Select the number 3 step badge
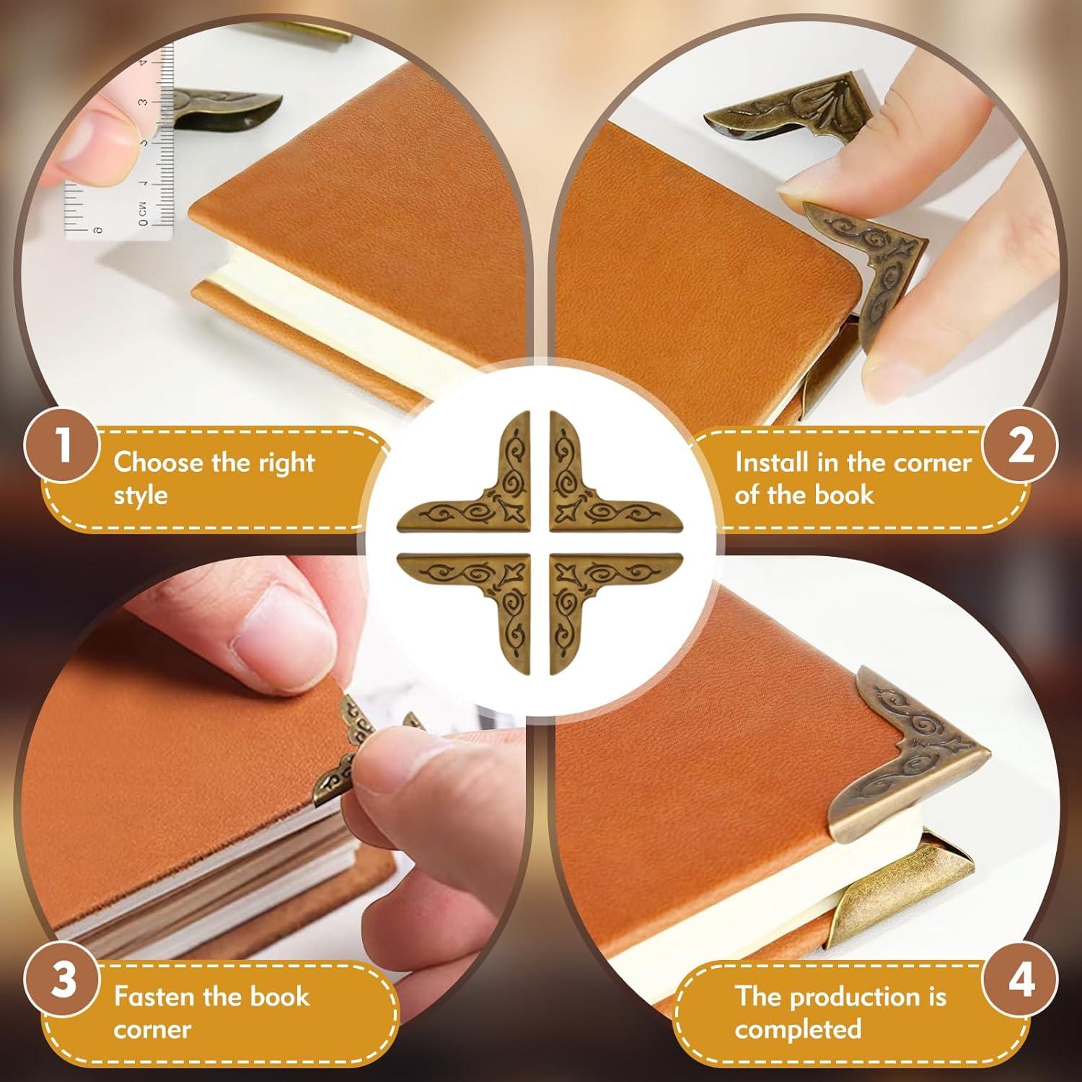[64, 982]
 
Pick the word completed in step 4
[798, 1029]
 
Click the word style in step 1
[140, 496]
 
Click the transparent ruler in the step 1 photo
[144, 166]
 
